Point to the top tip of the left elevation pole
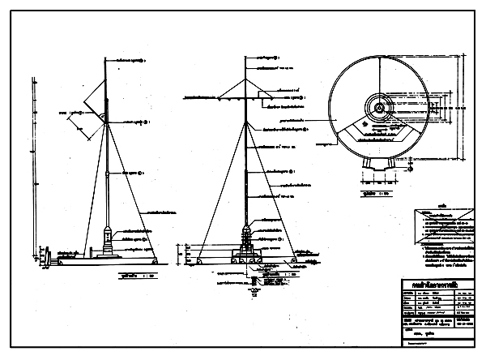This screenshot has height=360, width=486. tap(106, 58)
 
